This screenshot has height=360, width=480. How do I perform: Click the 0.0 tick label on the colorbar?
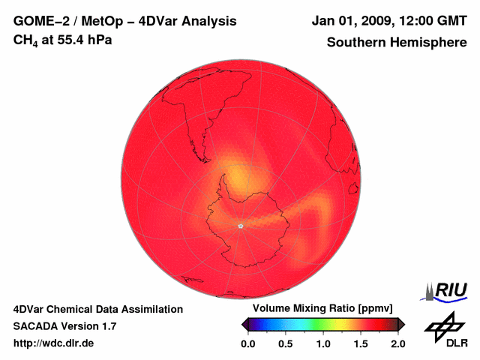[x=248, y=343]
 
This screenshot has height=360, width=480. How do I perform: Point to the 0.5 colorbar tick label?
[x=286, y=343]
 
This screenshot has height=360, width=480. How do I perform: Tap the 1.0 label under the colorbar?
[x=323, y=343]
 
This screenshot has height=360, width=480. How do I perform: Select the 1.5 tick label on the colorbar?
[x=361, y=343]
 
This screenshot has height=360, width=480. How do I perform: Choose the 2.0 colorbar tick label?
[x=397, y=343]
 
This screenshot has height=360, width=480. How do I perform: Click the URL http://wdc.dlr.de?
[x=54, y=343]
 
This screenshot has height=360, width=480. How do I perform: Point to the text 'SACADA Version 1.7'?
[x=64, y=326]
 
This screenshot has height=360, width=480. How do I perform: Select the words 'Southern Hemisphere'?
[x=396, y=42]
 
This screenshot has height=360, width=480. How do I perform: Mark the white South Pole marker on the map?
[x=240, y=225]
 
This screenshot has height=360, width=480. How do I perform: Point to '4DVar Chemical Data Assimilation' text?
[x=98, y=309]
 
